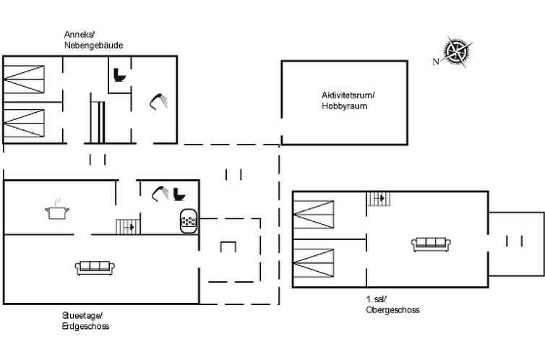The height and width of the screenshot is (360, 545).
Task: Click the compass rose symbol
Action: (458, 52)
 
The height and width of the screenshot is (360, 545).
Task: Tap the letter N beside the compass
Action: (436, 62)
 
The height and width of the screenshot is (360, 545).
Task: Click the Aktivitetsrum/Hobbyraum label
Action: (348, 100)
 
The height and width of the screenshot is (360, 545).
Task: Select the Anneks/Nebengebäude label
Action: (93, 40)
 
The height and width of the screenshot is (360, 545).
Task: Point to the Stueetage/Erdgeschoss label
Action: (85, 321)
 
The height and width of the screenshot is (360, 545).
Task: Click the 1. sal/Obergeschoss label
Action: (392, 304)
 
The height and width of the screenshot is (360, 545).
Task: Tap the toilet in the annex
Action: (119, 74)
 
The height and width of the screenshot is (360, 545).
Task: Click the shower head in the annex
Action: (158, 101)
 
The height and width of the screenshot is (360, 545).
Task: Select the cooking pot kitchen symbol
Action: (57, 209)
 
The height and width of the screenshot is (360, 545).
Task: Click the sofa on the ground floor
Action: (95, 268)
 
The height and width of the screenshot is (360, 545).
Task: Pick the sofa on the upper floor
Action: (431, 244)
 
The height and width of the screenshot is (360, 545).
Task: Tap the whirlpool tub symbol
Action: (189, 221)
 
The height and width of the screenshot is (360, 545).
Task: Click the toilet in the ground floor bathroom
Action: (179, 194)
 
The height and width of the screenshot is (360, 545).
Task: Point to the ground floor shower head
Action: (160, 194)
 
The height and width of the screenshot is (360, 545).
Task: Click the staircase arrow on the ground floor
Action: (129, 227)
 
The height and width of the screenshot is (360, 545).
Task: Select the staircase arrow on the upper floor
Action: (380, 198)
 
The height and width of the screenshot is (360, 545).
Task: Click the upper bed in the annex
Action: (24, 80)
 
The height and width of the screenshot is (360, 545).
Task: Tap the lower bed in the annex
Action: (24, 123)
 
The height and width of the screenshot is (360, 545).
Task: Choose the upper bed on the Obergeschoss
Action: (314, 215)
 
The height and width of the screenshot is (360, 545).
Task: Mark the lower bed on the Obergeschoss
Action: (314, 262)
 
